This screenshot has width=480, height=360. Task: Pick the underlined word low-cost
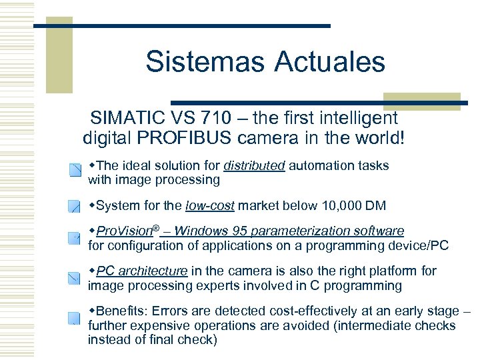pos(212,205)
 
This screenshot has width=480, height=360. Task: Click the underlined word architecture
pos(155,271)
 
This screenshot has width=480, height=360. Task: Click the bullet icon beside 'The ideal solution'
pos(74,171)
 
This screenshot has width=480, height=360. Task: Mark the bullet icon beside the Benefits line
pos(74,317)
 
